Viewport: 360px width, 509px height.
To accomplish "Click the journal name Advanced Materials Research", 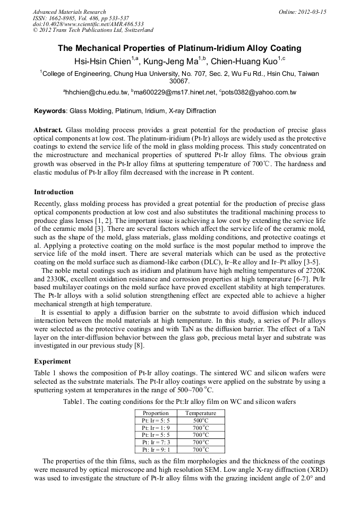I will point(69,12).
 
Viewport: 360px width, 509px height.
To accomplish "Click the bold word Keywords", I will point(50,111).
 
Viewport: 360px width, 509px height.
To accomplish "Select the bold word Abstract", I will point(48,130).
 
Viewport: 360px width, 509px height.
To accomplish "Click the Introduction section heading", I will point(54,192).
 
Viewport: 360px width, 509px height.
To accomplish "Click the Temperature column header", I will point(201,413).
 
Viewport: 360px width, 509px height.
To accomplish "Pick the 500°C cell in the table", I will point(201,420).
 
